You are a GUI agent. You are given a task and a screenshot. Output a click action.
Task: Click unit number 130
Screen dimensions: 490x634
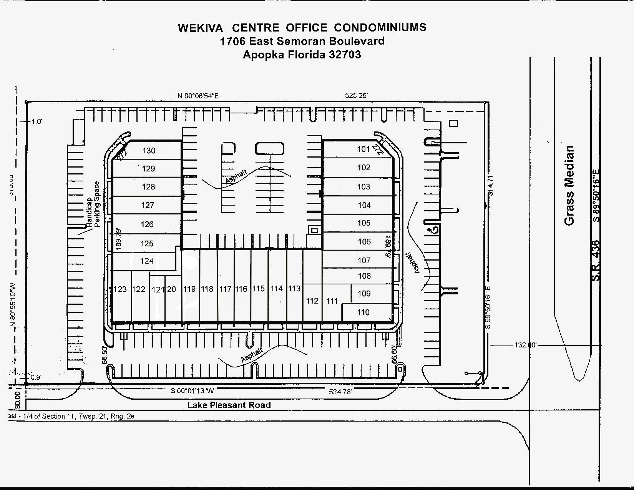pos(149,151)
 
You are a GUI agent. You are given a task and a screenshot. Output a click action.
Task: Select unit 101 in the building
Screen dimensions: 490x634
pos(363,149)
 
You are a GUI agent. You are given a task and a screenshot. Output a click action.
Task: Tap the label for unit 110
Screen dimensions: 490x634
pos(363,312)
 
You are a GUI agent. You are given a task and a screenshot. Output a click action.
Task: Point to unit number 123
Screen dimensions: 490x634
pos(120,289)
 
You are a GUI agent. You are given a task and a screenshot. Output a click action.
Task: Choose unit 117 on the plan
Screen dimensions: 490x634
pos(225,289)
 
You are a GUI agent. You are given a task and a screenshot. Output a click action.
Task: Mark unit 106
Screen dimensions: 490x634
pos(364,242)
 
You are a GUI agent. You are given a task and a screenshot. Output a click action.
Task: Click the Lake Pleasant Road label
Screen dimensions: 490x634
pos(229,405)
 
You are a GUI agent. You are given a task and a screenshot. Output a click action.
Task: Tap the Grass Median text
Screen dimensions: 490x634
pos(569,185)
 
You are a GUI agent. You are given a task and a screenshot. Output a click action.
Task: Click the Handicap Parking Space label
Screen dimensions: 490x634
pos(93,204)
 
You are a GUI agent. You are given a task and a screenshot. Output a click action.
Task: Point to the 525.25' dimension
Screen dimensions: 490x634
pos(356,95)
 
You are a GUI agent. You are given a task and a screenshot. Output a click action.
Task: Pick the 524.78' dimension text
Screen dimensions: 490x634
pos(340,392)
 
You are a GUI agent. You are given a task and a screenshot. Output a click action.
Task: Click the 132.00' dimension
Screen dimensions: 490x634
pos(525,345)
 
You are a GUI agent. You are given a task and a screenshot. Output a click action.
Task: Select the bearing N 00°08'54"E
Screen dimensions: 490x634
pos(198,96)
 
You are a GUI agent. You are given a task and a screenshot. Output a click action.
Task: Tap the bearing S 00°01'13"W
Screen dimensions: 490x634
pos(193,391)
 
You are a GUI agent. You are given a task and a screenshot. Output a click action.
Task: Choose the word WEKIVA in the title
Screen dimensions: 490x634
pos(200,28)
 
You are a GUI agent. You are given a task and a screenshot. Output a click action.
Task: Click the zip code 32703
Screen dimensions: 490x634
pos(345,55)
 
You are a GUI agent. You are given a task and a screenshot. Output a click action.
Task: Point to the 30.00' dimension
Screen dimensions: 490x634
pos(17,400)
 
